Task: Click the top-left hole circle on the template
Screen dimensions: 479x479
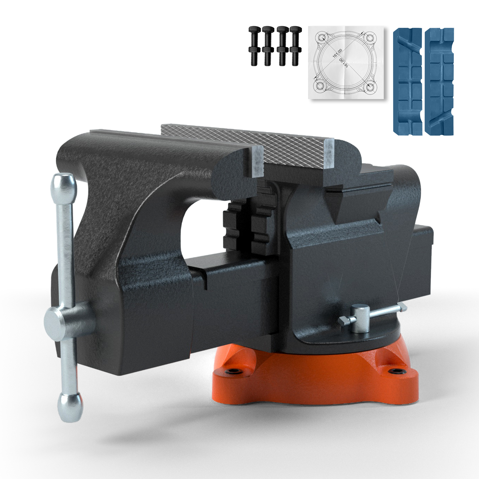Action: (x=322, y=38)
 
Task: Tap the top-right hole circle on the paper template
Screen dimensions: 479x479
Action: (x=370, y=38)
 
